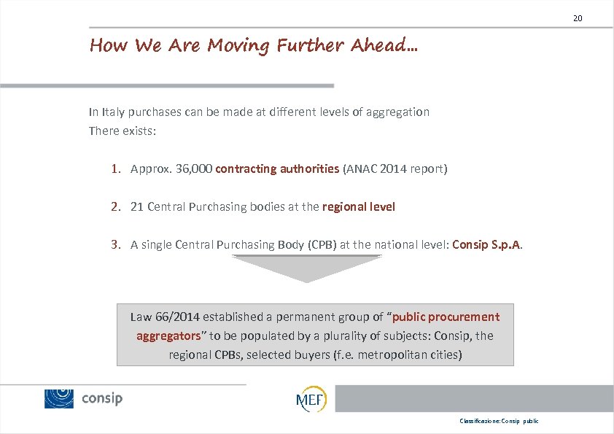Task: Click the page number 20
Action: (578, 18)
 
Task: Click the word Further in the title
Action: (311, 46)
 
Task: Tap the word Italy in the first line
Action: (114, 112)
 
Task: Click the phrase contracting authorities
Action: (277, 169)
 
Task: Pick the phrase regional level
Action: (359, 207)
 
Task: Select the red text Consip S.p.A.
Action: (486, 245)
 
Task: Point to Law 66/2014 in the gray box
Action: (165, 317)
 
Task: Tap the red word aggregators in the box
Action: (168, 336)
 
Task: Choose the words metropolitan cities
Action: (416, 355)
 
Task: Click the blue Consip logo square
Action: (59, 398)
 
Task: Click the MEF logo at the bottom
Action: (311, 399)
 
